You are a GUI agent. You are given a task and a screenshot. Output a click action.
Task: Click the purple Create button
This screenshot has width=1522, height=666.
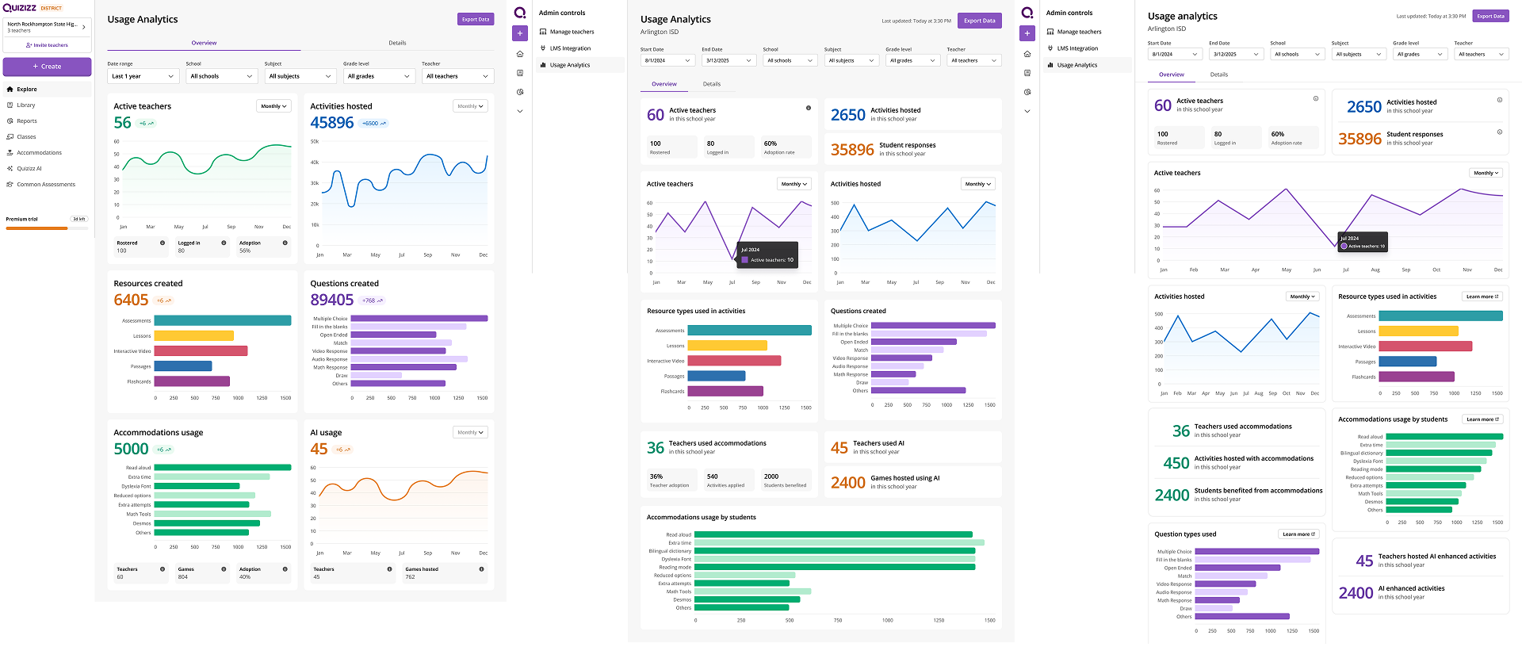coord(47,67)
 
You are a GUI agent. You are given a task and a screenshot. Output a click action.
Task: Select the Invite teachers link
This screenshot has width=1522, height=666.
coord(47,45)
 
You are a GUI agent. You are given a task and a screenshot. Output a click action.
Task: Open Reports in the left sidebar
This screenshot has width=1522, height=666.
coord(26,121)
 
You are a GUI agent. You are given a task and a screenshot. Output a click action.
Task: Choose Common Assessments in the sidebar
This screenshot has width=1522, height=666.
coord(46,185)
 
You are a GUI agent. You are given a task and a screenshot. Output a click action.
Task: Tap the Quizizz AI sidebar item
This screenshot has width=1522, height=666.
coord(29,169)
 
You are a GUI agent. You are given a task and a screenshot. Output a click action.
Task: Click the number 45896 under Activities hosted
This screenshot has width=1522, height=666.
coord(332,123)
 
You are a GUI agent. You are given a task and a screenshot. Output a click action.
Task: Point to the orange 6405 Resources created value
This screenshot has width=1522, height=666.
coord(131,300)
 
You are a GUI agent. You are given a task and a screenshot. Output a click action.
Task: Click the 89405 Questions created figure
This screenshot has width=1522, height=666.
coord(332,300)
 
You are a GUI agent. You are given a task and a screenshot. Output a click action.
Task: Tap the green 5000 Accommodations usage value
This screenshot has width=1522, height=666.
coord(131,449)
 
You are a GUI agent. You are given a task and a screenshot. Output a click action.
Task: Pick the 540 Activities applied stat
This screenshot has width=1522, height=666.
coord(728,480)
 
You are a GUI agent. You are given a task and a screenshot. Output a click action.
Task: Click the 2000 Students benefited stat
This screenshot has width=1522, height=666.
coord(785,480)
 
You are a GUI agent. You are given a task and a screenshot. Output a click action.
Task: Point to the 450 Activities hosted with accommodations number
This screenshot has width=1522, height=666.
coord(1176,463)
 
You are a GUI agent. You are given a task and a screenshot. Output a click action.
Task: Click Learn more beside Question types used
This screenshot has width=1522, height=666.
coord(1298,534)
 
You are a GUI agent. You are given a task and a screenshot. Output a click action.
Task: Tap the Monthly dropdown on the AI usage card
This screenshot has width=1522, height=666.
coord(470,432)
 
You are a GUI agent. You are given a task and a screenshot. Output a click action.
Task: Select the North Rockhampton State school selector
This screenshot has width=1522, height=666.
coord(47,27)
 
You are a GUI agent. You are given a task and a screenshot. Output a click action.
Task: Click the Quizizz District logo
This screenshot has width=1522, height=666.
coord(32,8)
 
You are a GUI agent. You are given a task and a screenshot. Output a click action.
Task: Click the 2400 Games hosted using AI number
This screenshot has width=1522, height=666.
coord(847,483)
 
